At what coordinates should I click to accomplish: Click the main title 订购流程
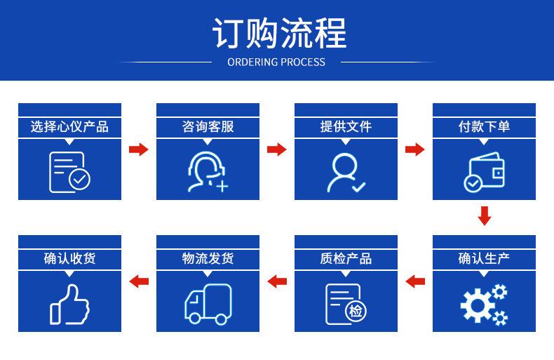coord(280,33)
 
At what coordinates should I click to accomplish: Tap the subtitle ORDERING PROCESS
coord(276,62)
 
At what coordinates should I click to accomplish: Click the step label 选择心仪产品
coord(69,126)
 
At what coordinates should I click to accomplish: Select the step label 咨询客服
coord(208,126)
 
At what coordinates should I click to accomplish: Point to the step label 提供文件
coord(346,126)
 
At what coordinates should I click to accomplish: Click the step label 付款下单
coord(484,126)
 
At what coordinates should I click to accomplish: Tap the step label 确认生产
coord(484,258)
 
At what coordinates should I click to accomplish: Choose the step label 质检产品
coord(346,258)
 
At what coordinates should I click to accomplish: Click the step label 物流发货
coord(208,258)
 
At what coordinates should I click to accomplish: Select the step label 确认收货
coord(69,258)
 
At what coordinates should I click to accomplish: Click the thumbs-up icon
coord(69,305)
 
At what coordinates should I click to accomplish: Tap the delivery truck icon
coord(208,305)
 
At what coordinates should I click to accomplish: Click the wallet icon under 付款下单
coord(485,172)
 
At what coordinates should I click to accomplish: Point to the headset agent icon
coord(208,172)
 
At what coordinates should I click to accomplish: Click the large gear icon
coord(478,305)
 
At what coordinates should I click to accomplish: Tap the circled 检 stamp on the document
coord(356,312)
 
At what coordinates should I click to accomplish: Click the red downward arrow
coord(485,215)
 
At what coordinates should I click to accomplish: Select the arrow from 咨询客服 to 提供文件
coord(276,149)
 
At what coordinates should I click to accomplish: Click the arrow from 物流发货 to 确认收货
coord(139,281)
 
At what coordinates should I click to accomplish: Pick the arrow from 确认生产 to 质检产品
coord(415,281)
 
